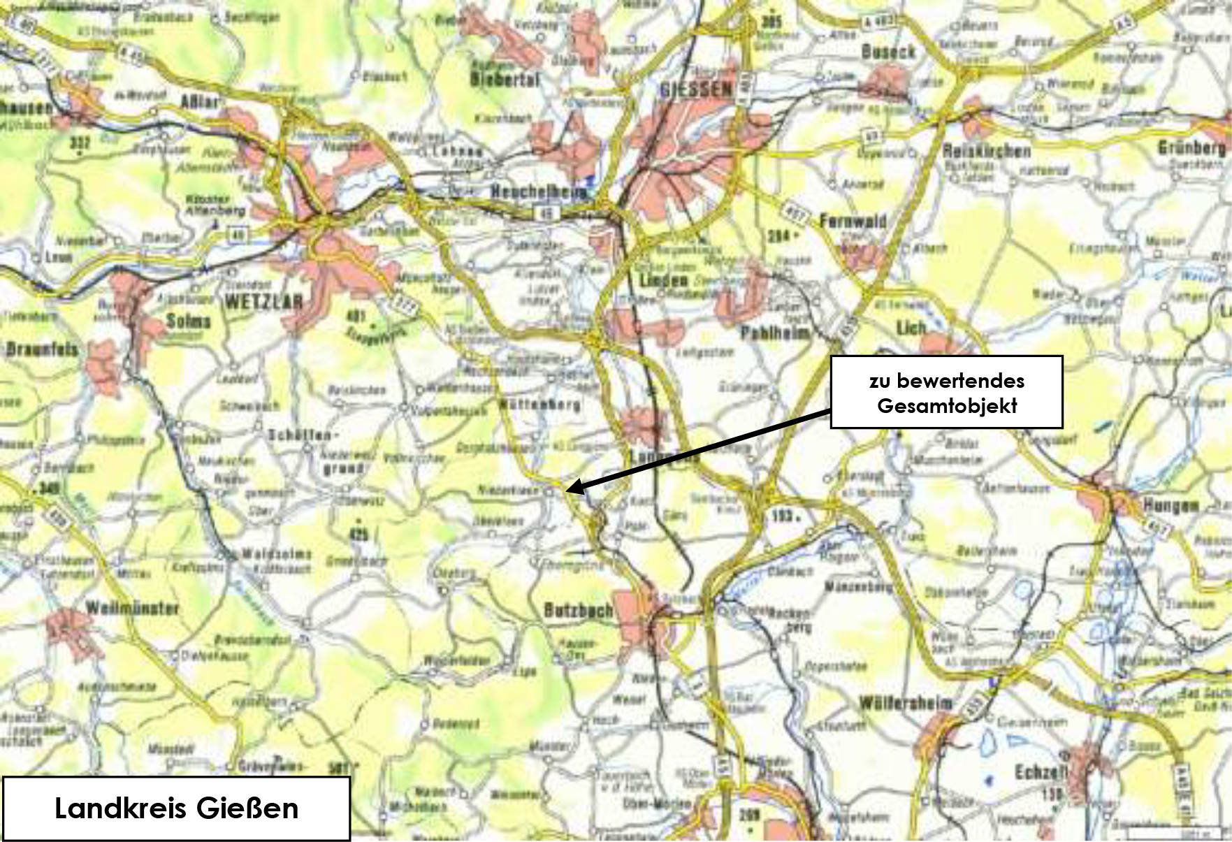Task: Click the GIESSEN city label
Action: click(696, 89)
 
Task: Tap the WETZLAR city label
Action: click(263, 302)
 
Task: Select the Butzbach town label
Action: click(578, 610)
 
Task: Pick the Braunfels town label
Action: click(42, 349)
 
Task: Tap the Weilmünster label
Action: click(132, 608)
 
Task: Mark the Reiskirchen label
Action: click(986, 150)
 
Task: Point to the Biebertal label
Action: click(505, 79)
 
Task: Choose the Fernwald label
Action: click(853, 222)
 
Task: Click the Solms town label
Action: click(188, 321)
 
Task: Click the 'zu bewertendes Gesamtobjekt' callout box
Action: click(946, 392)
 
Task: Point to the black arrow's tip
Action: click(566, 491)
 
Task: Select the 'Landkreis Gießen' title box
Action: click(176, 808)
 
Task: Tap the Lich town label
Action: click(911, 326)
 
